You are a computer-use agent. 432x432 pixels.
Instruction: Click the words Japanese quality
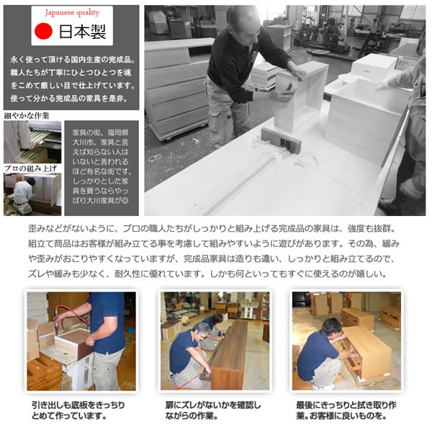(72, 13)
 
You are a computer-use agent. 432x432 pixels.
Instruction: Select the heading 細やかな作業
(27, 115)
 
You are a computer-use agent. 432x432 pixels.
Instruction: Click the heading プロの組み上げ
(29, 168)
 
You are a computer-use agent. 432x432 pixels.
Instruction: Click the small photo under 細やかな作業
(32, 141)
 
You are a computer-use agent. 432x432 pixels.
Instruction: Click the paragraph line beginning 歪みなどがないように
(216, 228)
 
